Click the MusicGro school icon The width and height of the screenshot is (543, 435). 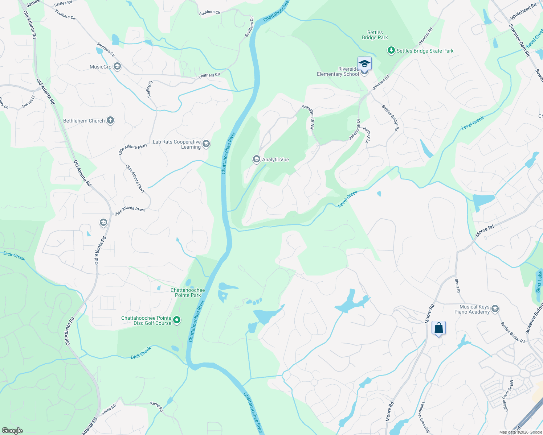point(117,67)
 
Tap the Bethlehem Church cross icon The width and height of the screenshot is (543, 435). point(110,121)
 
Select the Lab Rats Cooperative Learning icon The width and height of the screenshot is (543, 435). point(206,144)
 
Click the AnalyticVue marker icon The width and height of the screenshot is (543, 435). point(257,159)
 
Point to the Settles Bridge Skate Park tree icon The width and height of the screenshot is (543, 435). point(391,50)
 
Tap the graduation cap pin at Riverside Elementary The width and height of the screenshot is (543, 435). point(364,64)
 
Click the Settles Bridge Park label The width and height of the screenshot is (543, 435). point(375,35)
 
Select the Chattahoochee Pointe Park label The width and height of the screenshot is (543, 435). point(188,293)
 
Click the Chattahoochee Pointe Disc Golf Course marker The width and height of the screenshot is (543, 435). point(177,320)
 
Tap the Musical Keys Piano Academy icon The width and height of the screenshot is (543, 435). point(495,309)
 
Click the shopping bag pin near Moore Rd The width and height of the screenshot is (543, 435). point(438,328)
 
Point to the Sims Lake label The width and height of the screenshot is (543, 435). point(539,282)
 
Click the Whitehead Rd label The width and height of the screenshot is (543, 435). point(523,12)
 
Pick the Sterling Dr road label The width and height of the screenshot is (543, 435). point(150,89)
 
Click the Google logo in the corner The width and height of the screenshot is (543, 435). point(12,431)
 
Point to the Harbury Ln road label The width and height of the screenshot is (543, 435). point(367,135)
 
